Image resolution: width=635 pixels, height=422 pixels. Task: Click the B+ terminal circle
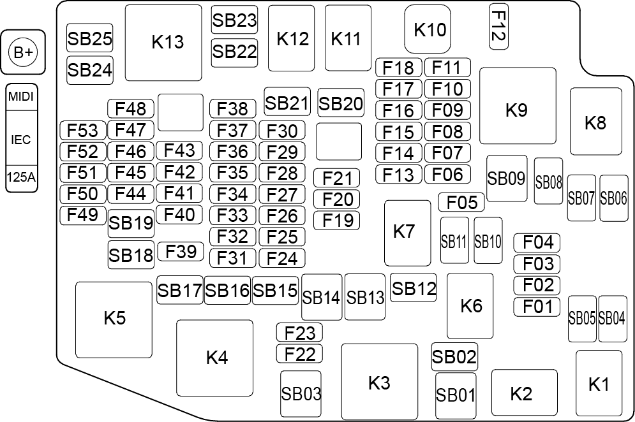23,52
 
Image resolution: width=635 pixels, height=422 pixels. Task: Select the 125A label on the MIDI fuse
21,177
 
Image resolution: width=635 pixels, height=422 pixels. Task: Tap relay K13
163,43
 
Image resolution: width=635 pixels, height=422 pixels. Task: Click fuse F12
498,26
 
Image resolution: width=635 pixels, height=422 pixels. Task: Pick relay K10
427,29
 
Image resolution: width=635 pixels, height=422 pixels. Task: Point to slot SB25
89,38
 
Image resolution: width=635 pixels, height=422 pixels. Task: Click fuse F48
130,108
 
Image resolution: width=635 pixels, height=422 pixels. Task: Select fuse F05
461,202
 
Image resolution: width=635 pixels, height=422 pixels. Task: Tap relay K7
407,233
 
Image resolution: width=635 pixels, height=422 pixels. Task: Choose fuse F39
180,251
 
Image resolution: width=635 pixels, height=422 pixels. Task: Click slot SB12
413,287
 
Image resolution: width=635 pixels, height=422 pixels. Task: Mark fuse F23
299,333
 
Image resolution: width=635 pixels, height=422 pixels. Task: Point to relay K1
599,384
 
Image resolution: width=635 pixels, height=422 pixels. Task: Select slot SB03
301,394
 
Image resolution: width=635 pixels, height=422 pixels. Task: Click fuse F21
336,178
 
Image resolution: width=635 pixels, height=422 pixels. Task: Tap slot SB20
341,103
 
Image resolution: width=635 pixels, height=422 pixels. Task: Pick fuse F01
537,307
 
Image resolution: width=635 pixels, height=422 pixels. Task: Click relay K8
595,121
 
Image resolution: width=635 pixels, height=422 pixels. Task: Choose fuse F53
82,130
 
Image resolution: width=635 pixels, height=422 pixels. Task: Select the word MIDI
21,97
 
